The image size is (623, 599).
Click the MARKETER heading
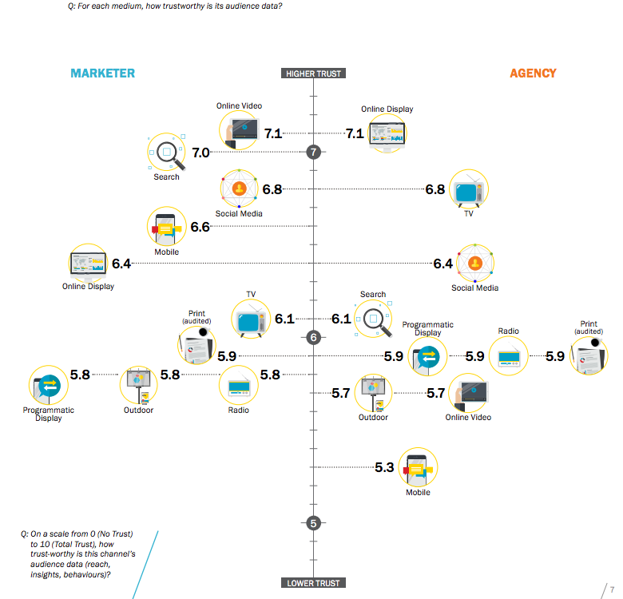(x=102, y=73)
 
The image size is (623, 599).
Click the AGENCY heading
(x=533, y=73)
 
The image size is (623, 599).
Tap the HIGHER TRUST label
(x=314, y=74)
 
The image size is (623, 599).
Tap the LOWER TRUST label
(x=314, y=583)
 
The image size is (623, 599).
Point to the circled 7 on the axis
(x=314, y=152)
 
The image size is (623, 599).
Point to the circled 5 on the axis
(x=314, y=523)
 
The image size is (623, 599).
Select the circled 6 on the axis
(x=314, y=338)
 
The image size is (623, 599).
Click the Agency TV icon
(x=468, y=190)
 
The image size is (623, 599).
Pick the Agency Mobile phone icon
(x=417, y=468)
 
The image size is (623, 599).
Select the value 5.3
(x=384, y=467)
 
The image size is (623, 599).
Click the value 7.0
(x=200, y=153)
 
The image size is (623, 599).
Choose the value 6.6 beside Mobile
(x=200, y=227)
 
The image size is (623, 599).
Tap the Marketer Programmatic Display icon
(x=48, y=385)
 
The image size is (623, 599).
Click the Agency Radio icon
(x=509, y=356)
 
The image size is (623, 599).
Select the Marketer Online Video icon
(x=240, y=130)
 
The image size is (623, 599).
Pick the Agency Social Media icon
(x=474, y=264)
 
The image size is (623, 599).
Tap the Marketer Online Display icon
(x=88, y=264)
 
